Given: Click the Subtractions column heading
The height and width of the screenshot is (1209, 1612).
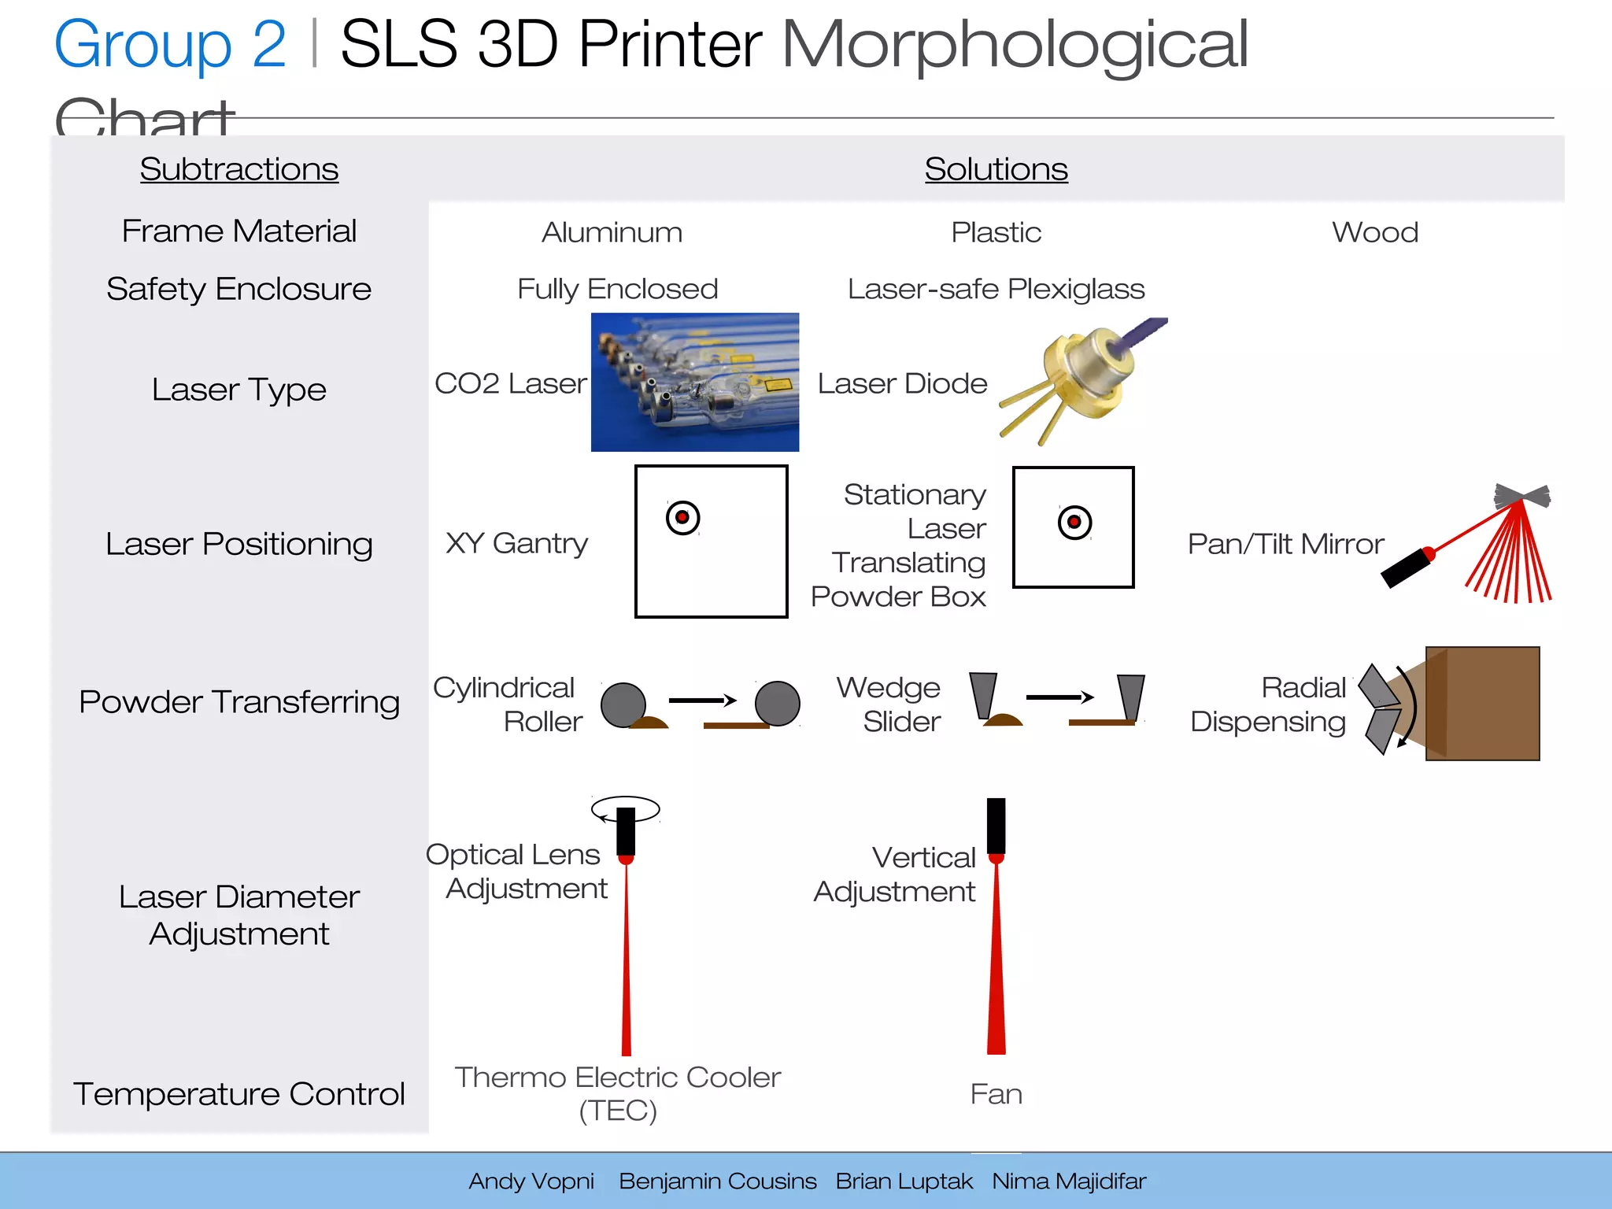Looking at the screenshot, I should click(239, 169).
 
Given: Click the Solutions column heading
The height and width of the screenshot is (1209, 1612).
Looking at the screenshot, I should click(996, 169).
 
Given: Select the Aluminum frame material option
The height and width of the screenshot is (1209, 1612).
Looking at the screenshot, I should click(612, 232).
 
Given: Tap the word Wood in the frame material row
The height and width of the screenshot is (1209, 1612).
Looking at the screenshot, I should click(1374, 232).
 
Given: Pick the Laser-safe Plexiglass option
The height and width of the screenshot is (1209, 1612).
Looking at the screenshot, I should click(996, 289).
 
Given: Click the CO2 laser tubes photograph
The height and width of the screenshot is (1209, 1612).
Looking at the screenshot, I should click(695, 383).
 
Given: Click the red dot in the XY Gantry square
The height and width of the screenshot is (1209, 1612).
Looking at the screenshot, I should click(682, 517).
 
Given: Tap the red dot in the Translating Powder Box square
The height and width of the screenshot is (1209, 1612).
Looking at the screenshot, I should click(1074, 522).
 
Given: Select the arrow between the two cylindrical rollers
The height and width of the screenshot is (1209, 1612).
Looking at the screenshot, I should click(702, 700).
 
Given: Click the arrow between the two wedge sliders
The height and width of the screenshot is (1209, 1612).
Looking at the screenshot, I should click(1059, 697).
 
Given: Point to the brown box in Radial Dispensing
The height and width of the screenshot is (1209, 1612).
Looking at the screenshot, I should click(1483, 703).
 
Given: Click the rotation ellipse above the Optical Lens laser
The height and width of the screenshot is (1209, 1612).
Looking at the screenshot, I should click(626, 808).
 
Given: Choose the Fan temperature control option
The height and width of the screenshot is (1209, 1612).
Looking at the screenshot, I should click(996, 1094).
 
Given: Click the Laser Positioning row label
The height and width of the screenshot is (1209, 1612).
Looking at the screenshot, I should click(239, 544).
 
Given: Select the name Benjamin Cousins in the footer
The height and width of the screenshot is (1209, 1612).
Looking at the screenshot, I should click(717, 1181).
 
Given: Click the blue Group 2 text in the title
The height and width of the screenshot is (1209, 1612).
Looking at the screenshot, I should click(170, 44).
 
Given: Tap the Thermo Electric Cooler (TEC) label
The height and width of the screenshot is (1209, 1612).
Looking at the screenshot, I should click(618, 1093).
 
